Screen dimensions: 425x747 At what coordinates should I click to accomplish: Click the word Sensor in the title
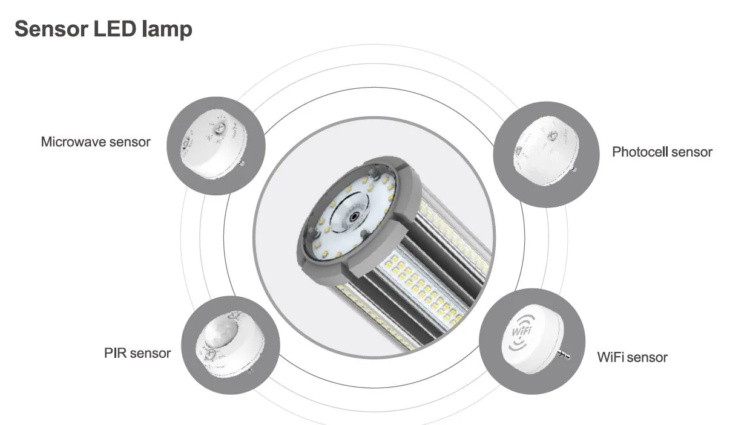click(51, 28)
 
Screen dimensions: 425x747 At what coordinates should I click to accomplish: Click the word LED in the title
click(115, 28)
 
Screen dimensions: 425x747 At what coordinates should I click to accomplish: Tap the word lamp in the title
click(167, 28)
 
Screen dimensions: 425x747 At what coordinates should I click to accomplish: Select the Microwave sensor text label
click(96, 142)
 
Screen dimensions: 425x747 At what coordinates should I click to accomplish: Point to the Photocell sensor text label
click(662, 152)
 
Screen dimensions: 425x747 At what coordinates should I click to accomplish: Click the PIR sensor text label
click(137, 353)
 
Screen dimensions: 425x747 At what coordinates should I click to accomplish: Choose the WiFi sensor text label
click(632, 357)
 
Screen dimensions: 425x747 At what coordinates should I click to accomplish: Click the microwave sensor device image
click(214, 146)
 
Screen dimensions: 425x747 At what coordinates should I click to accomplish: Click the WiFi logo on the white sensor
click(521, 333)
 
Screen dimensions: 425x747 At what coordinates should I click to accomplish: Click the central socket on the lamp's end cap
click(350, 215)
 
